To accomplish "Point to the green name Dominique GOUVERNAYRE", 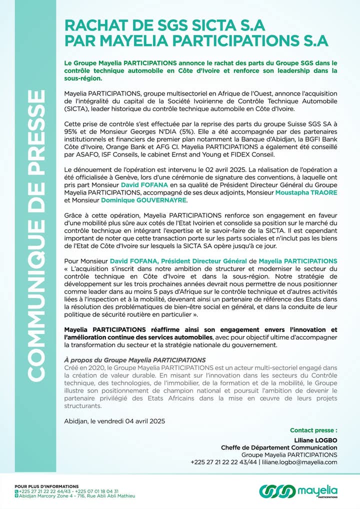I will pyautogui.click(x=144, y=200).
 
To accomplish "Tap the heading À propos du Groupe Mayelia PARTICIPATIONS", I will pyautogui.click(x=135, y=359).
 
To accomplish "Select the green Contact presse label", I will pyautogui.click(x=313, y=430).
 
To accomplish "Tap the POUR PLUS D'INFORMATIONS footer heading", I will pyautogui.click(x=46, y=486).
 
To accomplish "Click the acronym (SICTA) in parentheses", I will pyautogui.click(x=76, y=108).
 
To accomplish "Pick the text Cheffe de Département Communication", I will pyautogui.click(x=279, y=447).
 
